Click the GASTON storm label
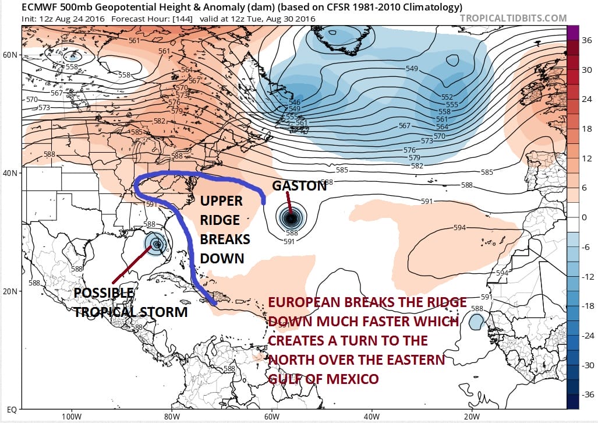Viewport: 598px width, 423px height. coord(299,185)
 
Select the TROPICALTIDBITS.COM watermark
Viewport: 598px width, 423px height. coord(513,18)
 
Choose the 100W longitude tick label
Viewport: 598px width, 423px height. coord(72,417)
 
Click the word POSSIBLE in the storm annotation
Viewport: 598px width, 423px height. coord(105,294)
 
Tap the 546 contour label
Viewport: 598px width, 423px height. coord(295,103)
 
